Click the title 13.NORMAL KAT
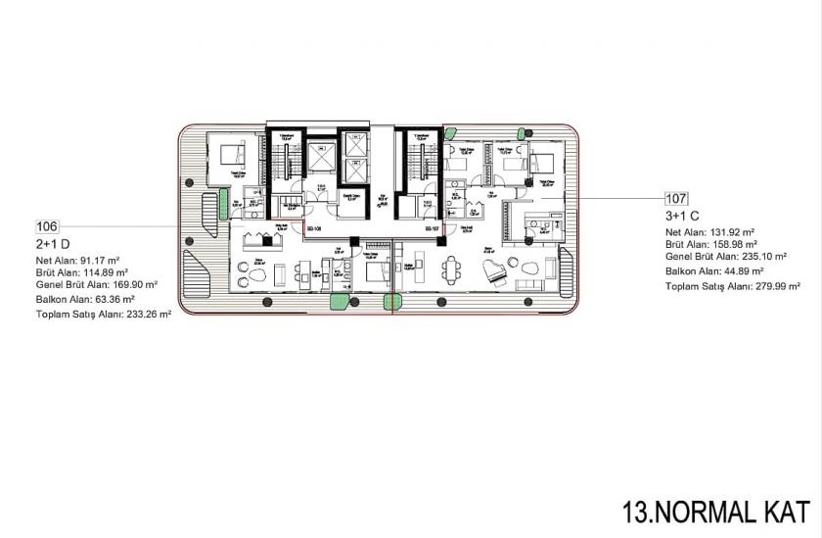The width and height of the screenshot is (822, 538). (716, 511)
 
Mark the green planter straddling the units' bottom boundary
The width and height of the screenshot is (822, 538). (392, 303)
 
